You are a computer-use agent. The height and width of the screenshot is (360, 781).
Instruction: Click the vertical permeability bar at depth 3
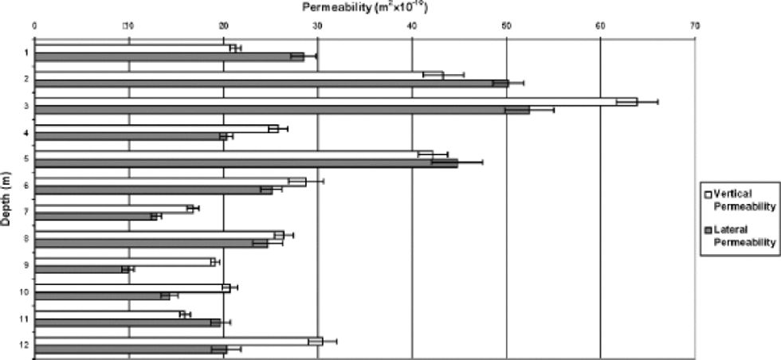pos(335,101)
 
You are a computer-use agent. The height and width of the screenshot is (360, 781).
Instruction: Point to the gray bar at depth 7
pos(96,216)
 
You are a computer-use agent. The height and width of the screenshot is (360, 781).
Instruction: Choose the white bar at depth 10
pos(132,288)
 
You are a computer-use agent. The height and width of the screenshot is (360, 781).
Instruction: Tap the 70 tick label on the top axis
pos(694,25)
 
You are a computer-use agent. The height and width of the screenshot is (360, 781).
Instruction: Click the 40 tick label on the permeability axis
pos(411,25)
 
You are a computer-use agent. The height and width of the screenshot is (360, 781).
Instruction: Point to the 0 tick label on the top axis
pos(34,25)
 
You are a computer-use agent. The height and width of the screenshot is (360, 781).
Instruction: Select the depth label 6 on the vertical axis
pos(26,186)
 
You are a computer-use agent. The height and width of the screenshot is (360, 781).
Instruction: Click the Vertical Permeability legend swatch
pos(705,194)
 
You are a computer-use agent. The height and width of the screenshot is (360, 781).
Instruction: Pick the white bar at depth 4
pos(156,128)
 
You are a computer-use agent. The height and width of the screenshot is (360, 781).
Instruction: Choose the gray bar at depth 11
pos(127,323)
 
